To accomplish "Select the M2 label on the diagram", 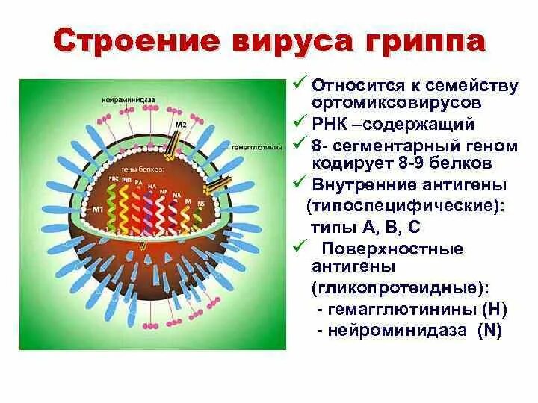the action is point(180,124).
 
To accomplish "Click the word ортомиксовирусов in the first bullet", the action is point(397,101).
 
